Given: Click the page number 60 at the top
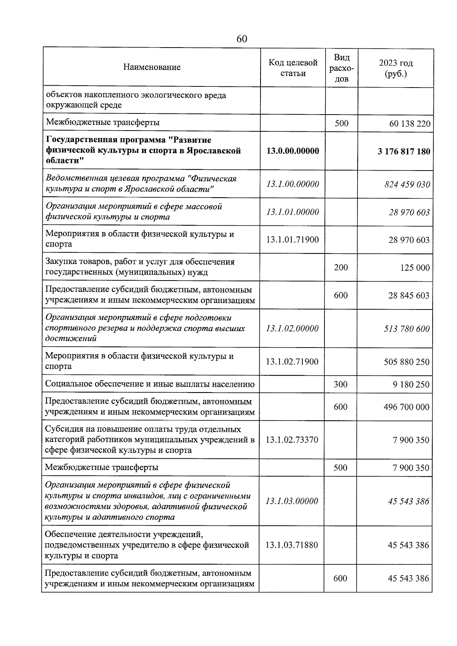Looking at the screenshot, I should coord(242,39).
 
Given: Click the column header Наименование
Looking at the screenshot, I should coord(152,67).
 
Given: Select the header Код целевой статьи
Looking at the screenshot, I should coord(292,68).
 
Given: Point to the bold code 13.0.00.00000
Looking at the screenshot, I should coord(292,151).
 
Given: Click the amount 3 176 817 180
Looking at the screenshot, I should coord(404,152).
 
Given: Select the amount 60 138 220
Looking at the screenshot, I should coord(410,124).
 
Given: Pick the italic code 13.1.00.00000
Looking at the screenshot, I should coord(292,184).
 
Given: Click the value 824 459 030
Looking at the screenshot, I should coord(407,185).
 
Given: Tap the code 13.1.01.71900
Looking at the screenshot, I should coord(292,239).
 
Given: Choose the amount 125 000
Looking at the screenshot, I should coord(415,268).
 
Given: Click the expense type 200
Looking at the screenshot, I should coord(341,267).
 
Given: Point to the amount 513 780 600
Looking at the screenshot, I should coord(406,329).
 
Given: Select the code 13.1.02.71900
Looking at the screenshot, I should coord(292,362).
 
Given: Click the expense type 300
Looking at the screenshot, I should coord(340,384).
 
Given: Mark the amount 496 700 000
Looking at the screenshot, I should coord(406,407).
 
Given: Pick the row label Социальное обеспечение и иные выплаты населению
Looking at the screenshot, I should coord(150,384).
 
